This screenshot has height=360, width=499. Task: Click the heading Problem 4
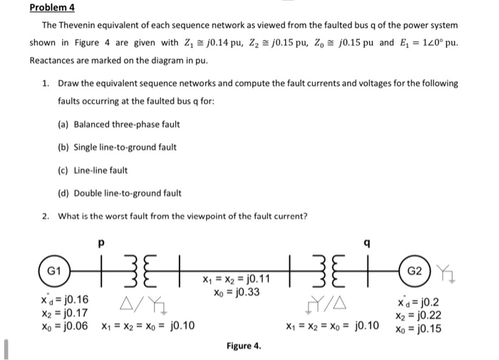[52, 9]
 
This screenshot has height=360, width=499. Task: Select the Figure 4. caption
[244, 346]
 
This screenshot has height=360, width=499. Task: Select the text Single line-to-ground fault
[125, 147]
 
